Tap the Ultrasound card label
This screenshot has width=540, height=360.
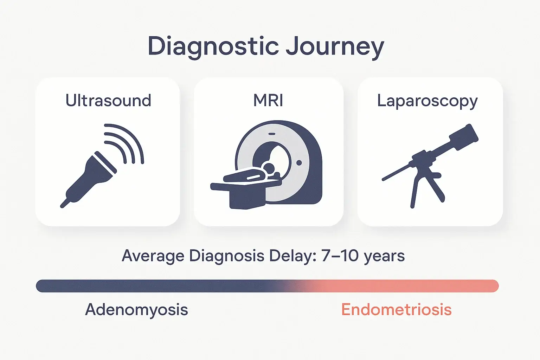pyautogui.click(x=108, y=101)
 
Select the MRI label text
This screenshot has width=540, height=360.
pyautogui.click(x=268, y=101)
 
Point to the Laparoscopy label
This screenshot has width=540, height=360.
pyautogui.click(x=427, y=101)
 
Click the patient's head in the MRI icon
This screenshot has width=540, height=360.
pyautogui.click(x=269, y=168)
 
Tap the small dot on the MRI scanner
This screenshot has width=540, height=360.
pyautogui.click(x=299, y=162)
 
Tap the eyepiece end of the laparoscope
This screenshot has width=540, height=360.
pyautogui.click(x=465, y=135)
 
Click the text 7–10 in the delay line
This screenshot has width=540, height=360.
pyautogui.click(x=340, y=256)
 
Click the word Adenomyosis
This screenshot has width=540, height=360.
pyautogui.click(x=136, y=310)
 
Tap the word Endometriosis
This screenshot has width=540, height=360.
pyautogui.click(x=396, y=310)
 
